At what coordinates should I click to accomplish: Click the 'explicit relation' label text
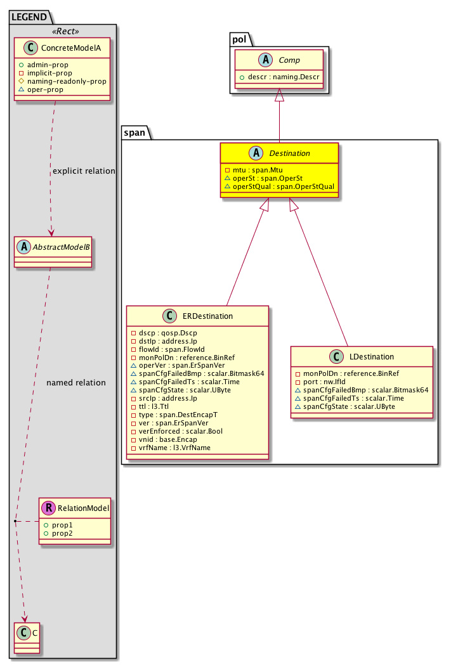click(84, 171)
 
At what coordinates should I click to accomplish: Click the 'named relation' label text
click(76, 382)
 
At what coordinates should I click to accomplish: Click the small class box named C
click(26, 633)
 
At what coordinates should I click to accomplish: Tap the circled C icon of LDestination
click(337, 357)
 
